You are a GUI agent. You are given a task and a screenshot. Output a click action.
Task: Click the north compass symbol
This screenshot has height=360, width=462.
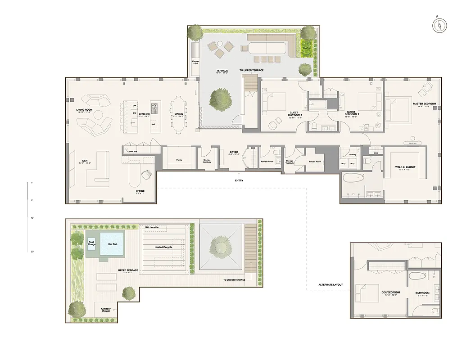[x=440, y=25]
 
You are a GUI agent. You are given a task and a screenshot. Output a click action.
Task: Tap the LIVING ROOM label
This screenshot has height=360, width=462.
[x=85, y=110]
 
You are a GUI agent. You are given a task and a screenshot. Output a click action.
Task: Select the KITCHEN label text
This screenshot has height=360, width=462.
[x=144, y=114]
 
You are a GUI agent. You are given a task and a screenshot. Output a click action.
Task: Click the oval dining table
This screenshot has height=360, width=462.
[x=179, y=114]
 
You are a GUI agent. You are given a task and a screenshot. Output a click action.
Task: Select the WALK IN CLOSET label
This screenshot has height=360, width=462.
[x=405, y=167]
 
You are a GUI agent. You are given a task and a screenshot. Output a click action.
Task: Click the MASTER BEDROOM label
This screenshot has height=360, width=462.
[x=425, y=104]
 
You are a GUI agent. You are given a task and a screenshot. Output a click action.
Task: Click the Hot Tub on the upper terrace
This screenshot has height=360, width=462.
[x=112, y=243]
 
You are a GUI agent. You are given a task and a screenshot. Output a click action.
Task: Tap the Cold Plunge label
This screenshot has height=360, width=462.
[x=91, y=243]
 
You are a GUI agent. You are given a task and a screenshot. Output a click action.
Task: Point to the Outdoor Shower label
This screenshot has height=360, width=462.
[x=106, y=310]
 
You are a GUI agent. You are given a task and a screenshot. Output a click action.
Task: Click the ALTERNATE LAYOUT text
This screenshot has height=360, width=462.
[x=331, y=285]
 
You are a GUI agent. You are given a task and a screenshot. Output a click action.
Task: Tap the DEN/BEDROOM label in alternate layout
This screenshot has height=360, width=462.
[x=378, y=293]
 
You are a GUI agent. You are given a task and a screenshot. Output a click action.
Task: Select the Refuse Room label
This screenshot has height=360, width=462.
[x=315, y=161]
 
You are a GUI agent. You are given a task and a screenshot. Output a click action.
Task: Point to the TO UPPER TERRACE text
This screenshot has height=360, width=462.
[x=251, y=71]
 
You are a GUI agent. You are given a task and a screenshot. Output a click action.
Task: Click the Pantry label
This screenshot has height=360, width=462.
[x=179, y=160]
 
